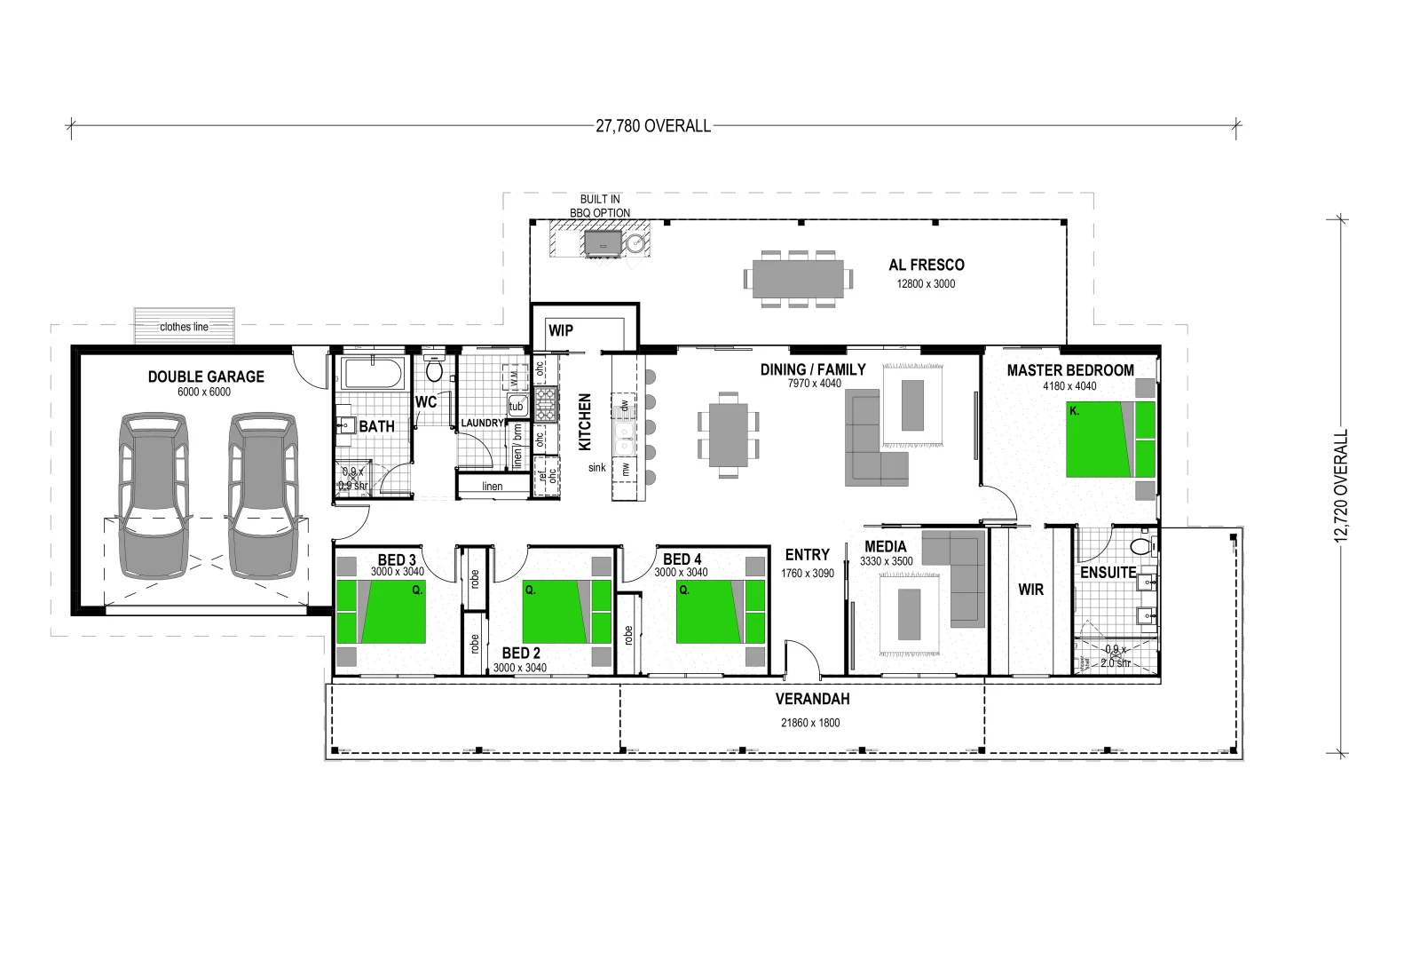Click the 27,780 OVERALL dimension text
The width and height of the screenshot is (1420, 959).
653,126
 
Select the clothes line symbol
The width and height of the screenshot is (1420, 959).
185,326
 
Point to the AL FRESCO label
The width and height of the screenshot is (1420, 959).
927,265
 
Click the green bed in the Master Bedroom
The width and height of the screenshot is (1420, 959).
1109,439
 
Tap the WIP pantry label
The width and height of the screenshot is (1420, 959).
561,330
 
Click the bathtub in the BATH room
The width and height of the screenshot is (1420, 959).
373,373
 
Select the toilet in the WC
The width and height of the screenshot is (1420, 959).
434,369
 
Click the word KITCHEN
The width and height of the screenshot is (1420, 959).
585,422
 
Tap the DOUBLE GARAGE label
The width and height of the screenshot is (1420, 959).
206,376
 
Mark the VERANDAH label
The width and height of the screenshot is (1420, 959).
813,699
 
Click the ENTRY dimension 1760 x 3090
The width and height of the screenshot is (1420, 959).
808,574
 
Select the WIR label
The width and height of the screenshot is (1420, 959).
1030,590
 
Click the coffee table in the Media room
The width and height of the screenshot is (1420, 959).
910,614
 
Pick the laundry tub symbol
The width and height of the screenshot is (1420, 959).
517,406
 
